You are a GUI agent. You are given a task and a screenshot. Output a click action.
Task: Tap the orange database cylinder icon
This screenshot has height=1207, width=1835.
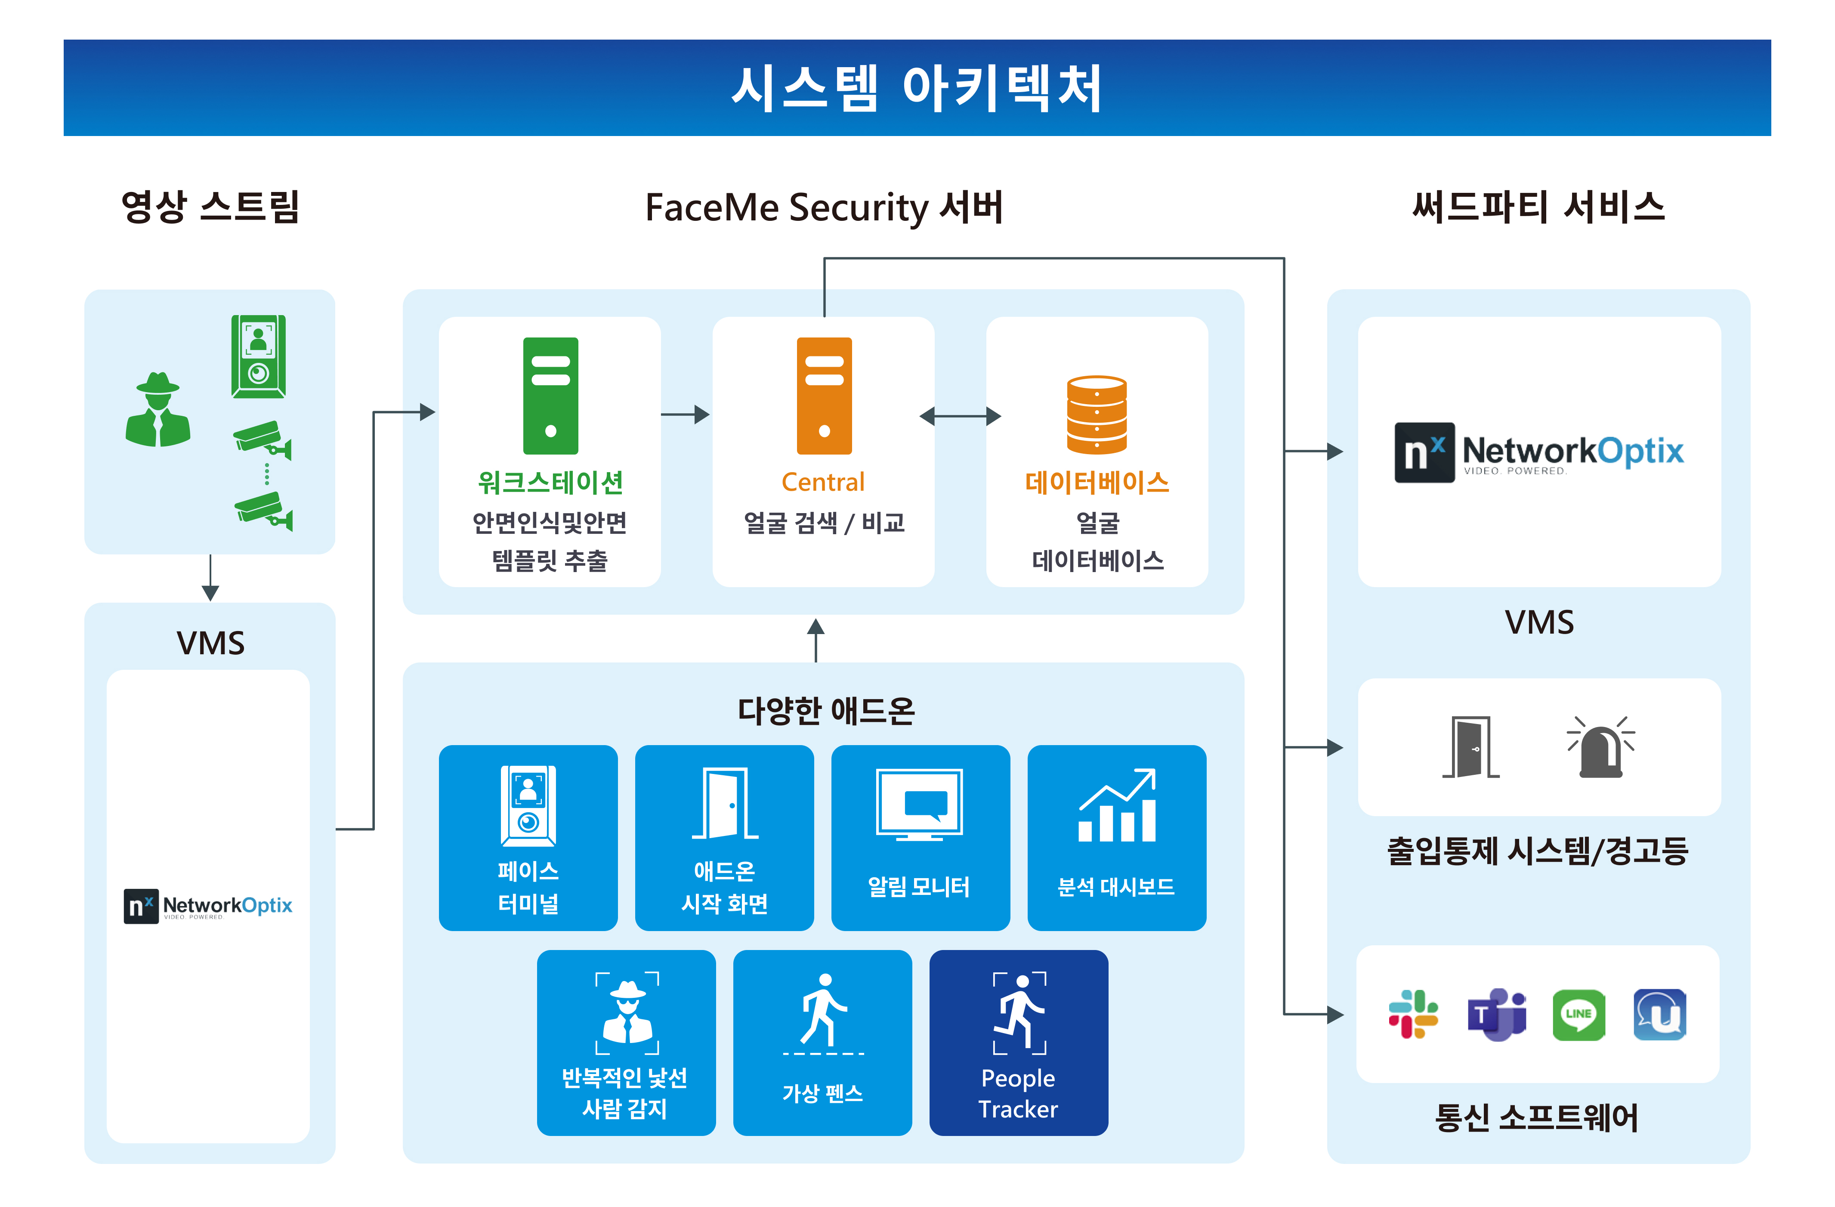(x=1097, y=414)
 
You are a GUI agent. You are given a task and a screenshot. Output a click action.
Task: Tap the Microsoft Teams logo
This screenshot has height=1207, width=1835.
(x=1496, y=1014)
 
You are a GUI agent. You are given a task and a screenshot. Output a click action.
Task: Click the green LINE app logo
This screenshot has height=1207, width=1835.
(x=1578, y=1014)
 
